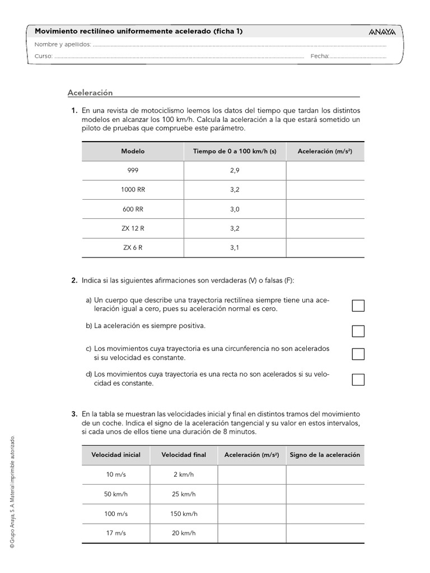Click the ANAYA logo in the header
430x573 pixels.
coord(382,32)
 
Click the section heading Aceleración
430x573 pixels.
coord(90,92)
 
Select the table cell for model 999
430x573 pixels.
coord(133,170)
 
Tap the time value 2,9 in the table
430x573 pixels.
coord(235,170)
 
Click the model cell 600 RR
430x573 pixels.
coord(133,209)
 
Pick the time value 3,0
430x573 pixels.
coord(235,209)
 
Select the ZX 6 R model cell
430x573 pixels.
coord(133,247)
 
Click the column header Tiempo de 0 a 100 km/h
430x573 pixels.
coord(235,151)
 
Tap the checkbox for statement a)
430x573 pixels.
coord(358,306)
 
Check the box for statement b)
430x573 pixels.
coord(358,331)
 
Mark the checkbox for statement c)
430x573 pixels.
coord(358,354)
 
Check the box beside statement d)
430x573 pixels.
coord(358,379)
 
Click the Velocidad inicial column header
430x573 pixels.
coord(116,455)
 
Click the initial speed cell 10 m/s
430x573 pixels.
coord(116,475)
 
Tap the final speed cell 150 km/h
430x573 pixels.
coord(184,513)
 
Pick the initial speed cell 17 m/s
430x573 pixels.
coord(116,533)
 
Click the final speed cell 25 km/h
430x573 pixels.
coord(184,494)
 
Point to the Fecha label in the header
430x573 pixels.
coord(319,57)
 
